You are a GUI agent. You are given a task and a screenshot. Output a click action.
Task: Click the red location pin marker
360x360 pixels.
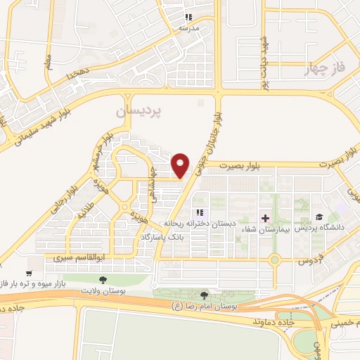(x=181, y=165)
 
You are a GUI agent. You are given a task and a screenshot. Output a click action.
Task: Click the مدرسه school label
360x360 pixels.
(x=188, y=27)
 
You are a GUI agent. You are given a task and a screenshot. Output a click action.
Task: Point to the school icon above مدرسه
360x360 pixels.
(x=188, y=17)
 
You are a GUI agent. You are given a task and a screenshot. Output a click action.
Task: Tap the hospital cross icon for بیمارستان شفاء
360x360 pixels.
(x=265, y=217)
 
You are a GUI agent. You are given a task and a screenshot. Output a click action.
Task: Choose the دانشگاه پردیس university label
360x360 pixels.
(x=320, y=229)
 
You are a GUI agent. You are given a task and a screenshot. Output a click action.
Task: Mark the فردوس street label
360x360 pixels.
(x=309, y=260)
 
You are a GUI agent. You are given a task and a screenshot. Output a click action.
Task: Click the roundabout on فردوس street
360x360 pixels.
(x=275, y=260)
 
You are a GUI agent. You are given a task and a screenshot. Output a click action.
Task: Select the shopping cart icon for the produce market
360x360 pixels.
(x=29, y=273)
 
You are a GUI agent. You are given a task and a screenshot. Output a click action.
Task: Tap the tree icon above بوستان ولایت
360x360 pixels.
(x=103, y=279)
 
